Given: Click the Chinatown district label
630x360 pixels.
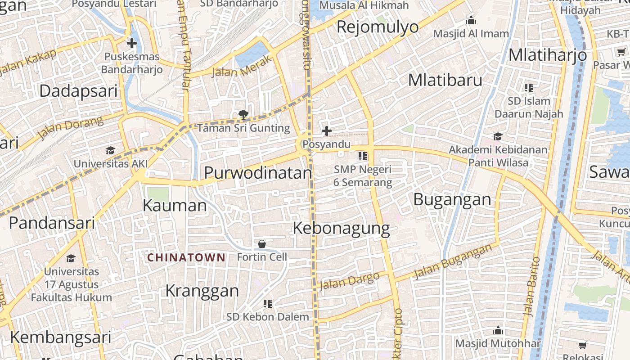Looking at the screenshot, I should point(186,257).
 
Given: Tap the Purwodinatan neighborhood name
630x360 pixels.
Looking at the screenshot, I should point(258,173).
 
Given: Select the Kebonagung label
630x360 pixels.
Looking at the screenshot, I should point(341,228).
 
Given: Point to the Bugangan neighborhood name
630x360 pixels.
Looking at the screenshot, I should point(452,199).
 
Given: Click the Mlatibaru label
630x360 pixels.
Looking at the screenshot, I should point(445,80).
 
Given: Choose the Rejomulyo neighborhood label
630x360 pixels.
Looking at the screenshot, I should point(378,27).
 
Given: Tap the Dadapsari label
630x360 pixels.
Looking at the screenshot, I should point(78,91).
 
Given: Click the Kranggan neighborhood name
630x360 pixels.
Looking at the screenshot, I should point(202,291).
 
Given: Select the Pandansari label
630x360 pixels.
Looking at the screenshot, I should point(52,223).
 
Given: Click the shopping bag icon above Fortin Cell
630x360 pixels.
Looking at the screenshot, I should point(262,244).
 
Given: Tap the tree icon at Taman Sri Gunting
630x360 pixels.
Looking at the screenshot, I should point(243,115).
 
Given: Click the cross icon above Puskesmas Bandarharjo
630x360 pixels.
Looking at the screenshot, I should point(131,43).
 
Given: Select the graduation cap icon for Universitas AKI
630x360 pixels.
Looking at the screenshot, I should point(110,150).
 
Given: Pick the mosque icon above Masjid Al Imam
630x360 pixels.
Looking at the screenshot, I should point(471,21).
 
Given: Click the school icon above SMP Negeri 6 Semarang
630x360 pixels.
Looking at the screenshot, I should point(363,156).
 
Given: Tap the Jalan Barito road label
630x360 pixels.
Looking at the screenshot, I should point(531,286).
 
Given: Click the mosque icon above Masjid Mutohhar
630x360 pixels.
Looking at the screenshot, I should point(498,331).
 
